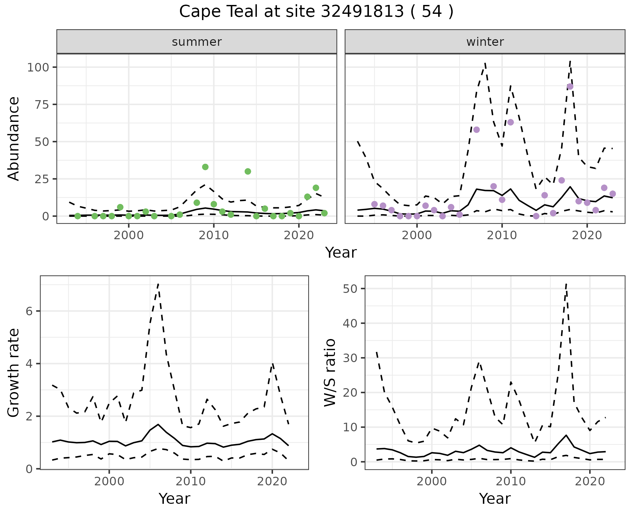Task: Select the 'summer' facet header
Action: click(x=197, y=42)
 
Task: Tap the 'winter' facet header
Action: click(x=485, y=42)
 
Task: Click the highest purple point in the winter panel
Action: click(x=570, y=87)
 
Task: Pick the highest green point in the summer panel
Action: click(x=205, y=167)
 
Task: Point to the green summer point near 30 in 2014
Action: click(x=248, y=171)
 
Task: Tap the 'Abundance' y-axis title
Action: click(x=14, y=139)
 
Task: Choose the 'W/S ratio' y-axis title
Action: click(x=330, y=373)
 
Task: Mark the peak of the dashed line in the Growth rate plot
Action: click(x=158, y=284)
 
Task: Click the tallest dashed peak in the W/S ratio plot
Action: click(x=566, y=284)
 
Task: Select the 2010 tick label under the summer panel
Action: click(x=214, y=236)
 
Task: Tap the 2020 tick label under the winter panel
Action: click(x=587, y=236)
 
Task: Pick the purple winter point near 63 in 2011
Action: click(x=510, y=123)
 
